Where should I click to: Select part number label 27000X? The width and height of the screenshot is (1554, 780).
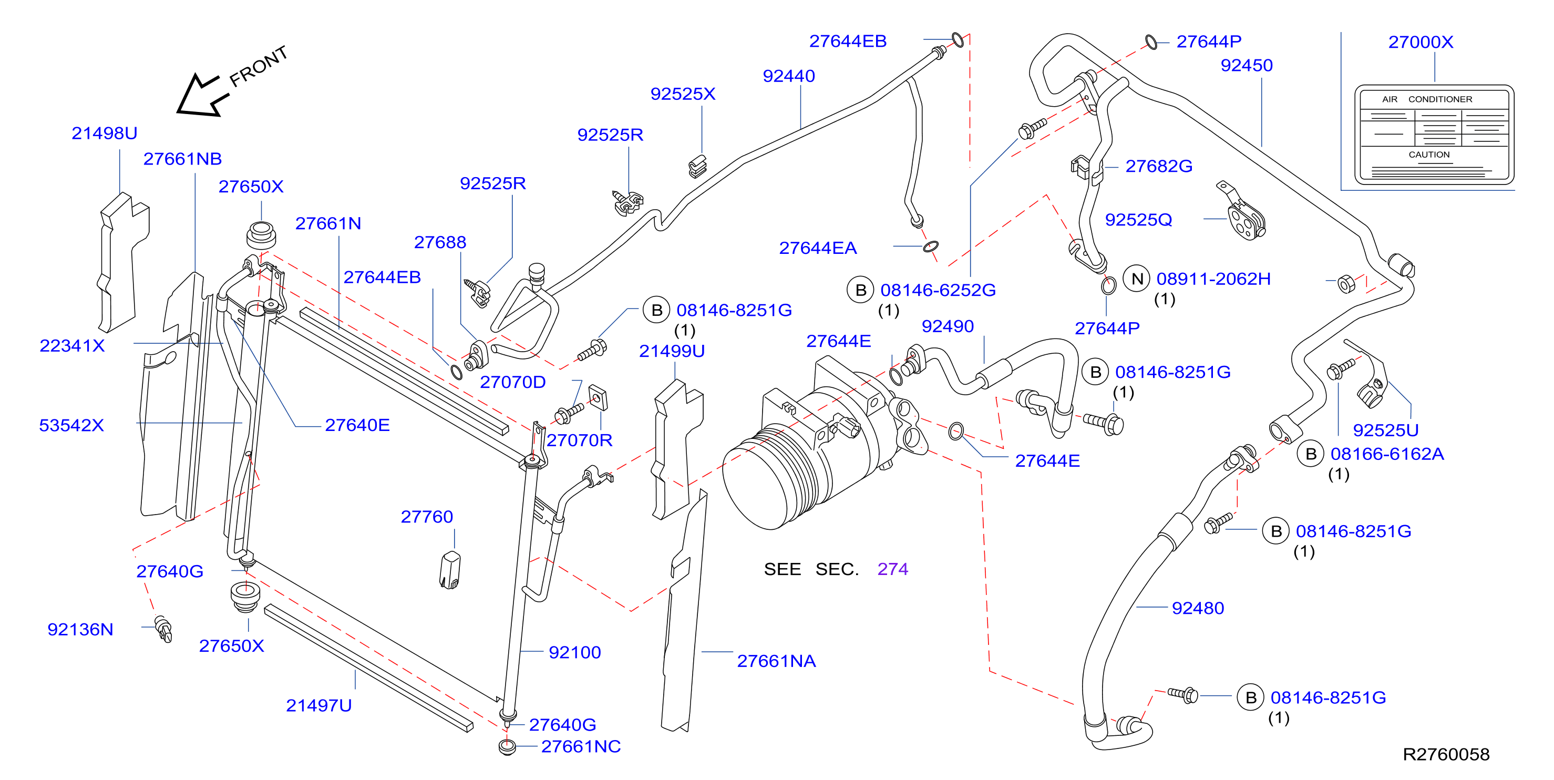click(1421, 42)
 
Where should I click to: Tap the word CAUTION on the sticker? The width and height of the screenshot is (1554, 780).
click(1429, 155)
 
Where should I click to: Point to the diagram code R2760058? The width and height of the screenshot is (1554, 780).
click(1446, 754)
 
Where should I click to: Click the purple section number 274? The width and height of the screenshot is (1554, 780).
click(893, 569)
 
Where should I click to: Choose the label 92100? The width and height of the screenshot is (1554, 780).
click(575, 652)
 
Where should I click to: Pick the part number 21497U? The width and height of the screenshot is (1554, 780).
click(318, 705)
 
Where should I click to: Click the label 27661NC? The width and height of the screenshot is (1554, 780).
click(581, 746)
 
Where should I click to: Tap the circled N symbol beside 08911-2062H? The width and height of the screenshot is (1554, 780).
click(1137, 279)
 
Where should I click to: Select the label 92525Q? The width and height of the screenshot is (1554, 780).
click(1138, 220)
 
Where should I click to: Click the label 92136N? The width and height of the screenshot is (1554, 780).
click(80, 629)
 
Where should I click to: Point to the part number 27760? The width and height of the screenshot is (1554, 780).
click(427, 516)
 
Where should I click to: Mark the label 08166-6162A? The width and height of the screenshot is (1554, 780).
click(1387, 454)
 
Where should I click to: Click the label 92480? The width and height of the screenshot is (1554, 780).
click(1198, 608)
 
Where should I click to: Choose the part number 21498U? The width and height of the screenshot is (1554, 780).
click(105, 132)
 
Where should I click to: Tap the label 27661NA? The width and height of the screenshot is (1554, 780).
click(776, 661)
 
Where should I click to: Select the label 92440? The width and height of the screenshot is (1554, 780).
click(788, 76)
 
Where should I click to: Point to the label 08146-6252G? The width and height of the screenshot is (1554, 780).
click(938, 290)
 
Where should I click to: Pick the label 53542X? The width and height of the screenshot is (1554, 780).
click(71, 425)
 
